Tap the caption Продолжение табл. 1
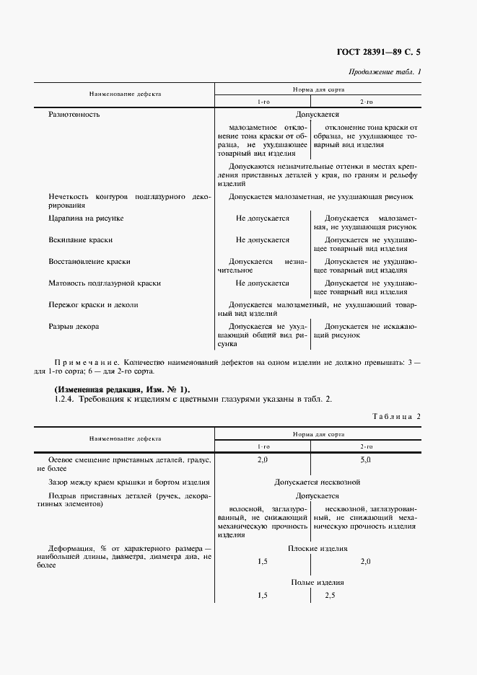click(385, 72)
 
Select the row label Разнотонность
click(74, 114)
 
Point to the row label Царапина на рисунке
click(86, 218)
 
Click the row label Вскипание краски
click(80, 239)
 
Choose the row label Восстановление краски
click(89, 261)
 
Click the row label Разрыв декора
click(74, 326)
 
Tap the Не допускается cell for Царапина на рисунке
click(263, 218)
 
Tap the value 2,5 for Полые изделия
click(331, 596)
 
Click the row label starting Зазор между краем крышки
click(129, 482)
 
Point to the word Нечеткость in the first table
click(69, 196)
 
